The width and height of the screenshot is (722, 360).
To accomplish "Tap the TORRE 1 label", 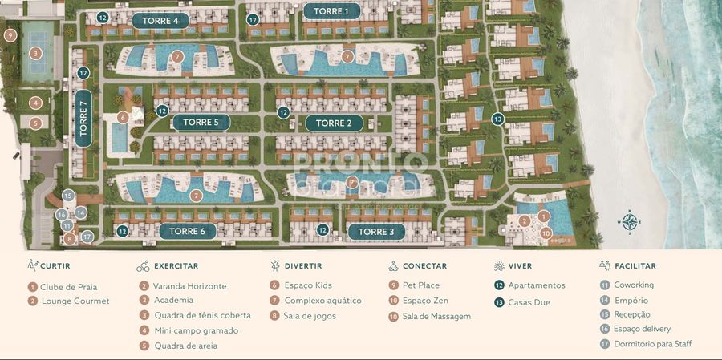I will tap(331, 11).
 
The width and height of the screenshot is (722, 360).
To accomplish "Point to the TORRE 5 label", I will tap(201, 123).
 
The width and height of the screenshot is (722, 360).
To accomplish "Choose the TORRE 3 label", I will tap(375, 232).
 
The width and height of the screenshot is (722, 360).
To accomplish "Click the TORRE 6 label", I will tap(187, 231).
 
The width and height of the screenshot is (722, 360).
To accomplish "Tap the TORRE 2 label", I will tap(334, 123).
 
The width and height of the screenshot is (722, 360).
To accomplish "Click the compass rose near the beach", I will tap(630, 221).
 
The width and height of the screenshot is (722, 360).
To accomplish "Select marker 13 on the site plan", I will tap(498, 119).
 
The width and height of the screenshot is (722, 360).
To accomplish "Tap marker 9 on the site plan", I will tap(10, 35).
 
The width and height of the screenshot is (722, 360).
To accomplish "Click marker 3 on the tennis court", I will tap(35, 53).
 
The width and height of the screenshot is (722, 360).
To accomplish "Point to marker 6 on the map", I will tap(123, 117).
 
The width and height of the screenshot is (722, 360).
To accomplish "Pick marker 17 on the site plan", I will tap(87, 237).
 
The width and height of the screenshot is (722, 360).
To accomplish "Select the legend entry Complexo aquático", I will tap(322, 301).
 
